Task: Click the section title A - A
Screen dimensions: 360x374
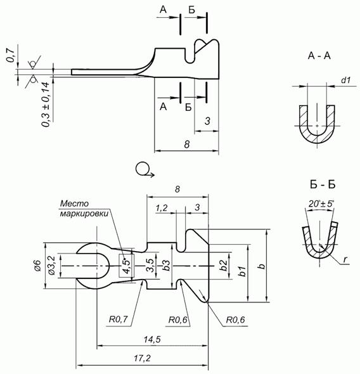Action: coord(319,56)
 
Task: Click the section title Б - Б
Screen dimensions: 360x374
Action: coord(323,184)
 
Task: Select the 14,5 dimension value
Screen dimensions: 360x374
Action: coord(152,339)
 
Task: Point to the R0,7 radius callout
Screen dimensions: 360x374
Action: coord(119,319)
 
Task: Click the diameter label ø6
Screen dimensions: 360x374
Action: coord(37,266)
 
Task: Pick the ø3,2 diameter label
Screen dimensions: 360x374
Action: coord(52,265)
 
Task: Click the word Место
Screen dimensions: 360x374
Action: coord(74,203)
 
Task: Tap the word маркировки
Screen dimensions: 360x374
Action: coord(84,213)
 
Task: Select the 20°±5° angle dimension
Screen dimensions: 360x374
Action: coord(321,204)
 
